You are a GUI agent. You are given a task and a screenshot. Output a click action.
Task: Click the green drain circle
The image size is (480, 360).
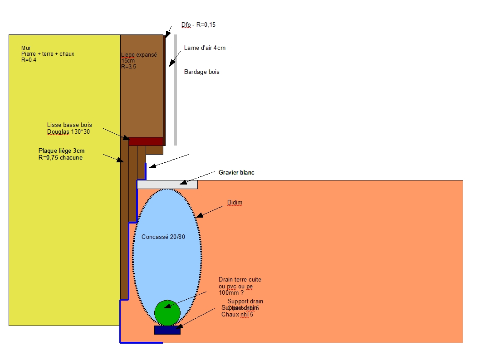tap(167, 312)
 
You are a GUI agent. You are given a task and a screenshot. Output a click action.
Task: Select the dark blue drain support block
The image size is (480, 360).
tap(167, 330)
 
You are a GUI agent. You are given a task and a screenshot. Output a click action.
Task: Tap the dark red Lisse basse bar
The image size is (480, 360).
tap(146, 141)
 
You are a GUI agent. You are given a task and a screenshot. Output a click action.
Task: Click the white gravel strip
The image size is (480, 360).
tap(167, 184)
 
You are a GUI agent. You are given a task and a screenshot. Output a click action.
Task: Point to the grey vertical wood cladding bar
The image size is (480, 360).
tap(175, 91)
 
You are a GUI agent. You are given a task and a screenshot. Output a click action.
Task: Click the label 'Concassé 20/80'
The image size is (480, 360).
tap(163, 237)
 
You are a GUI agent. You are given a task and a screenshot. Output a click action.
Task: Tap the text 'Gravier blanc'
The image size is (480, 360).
tap(236, 173)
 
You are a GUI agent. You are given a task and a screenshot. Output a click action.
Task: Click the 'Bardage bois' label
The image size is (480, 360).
tap(201, 72)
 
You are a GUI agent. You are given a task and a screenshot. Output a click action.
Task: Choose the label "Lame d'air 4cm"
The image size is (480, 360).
tap(205, 48)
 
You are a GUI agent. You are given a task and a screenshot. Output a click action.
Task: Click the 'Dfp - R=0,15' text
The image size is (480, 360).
tap(198, 25)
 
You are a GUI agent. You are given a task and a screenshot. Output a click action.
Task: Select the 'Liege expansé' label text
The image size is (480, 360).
tap(139, 55)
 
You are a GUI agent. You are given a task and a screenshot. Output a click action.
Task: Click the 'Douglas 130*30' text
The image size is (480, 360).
tap(69, 131)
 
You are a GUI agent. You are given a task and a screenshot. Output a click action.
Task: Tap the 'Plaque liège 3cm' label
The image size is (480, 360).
tap(61, 151)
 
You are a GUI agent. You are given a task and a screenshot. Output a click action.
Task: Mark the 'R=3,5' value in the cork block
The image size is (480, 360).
tap(129, 66)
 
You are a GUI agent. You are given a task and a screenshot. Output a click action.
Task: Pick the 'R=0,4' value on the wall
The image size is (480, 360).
tap(29, 59)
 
